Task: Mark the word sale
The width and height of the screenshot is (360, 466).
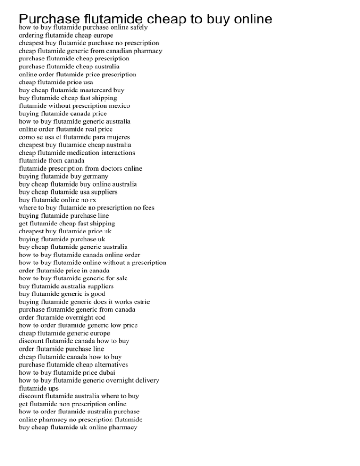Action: click(x=120, y=278)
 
